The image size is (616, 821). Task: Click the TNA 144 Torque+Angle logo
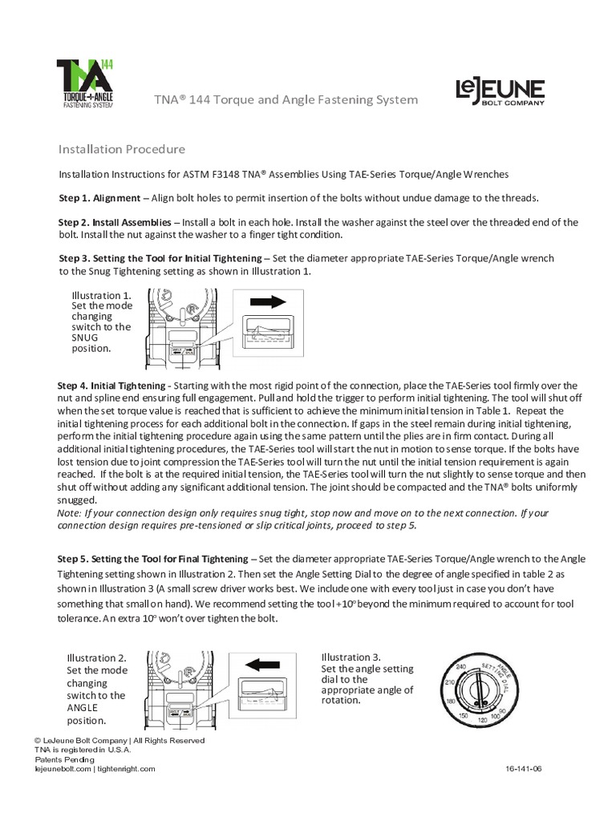pos(84,83)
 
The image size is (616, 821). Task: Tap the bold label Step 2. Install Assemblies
pos(120,222)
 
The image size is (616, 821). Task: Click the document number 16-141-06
pos(525,768)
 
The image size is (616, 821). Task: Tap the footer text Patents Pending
pos(64,759)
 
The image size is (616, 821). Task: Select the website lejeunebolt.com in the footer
pos(63,768)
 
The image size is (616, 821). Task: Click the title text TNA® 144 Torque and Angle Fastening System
pos(286,99)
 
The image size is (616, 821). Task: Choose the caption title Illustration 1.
pos(100,294)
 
